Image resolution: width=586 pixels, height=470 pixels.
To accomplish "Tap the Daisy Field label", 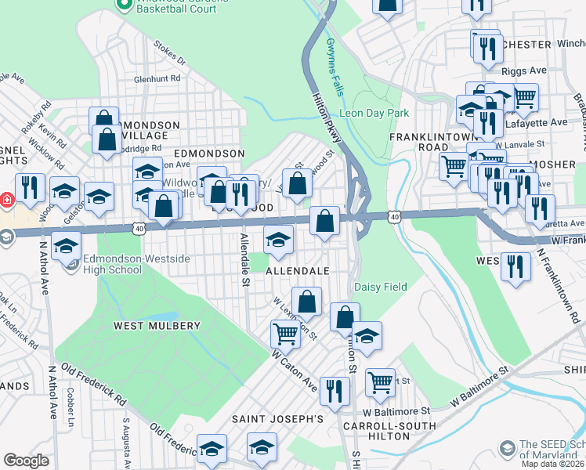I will (381, 287).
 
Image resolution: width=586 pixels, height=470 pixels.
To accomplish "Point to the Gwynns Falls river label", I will (336, 67).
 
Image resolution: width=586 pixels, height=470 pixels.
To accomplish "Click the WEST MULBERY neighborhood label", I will (157, 325).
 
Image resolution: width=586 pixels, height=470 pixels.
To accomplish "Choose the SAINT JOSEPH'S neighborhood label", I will (277, 419).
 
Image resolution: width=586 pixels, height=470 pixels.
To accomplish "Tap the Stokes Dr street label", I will (169, 53).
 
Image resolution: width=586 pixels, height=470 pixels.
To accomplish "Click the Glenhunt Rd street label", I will (157, 78).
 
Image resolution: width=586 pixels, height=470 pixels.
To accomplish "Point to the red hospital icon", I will (5, 200).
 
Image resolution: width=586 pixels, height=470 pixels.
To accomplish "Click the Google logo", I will (26, 461).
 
